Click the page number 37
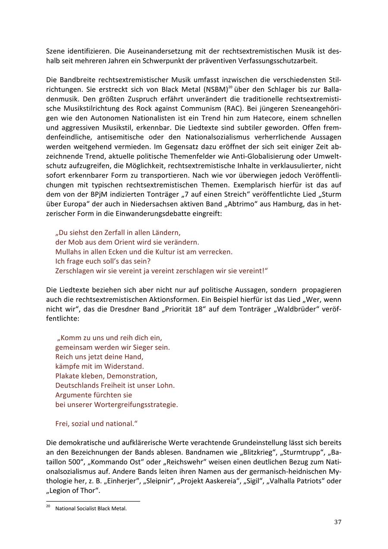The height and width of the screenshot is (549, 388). click(x=338, y=522)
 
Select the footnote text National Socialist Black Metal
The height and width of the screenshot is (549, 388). click(x=91, y=508)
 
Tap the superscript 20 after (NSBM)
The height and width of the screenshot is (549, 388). click(x=230, y=88)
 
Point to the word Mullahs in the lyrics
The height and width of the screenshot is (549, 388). click(x=70, y=251)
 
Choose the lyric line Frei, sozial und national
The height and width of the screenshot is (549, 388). click(x=96, y=424)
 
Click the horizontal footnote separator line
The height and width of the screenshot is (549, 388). click(x=93, y=502)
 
